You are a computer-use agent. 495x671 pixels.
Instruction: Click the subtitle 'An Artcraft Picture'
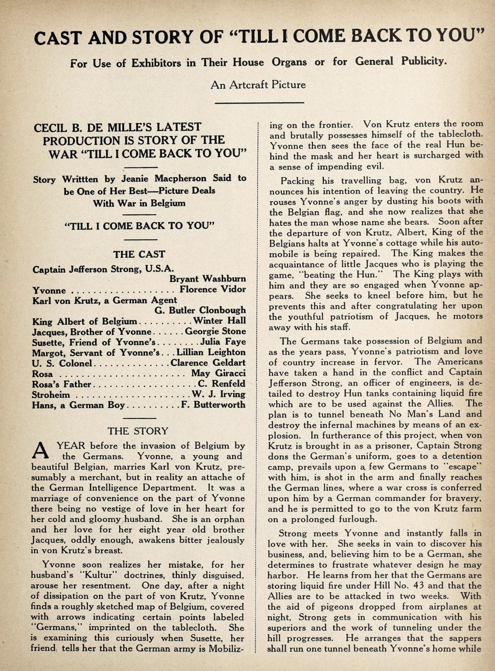click(258, 85)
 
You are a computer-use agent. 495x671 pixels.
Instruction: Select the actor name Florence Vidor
click(212, 289)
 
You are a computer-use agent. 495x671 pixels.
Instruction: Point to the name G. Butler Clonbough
click(200, 310)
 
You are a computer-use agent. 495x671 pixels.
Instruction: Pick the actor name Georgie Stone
click(215, 331)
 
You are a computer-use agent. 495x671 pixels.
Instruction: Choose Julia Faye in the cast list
click(223, 342)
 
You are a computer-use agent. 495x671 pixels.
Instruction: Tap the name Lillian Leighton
click(211, 352)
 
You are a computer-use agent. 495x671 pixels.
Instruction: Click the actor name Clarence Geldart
click(208, 363)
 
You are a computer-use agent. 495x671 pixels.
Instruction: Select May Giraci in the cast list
click(218, 373)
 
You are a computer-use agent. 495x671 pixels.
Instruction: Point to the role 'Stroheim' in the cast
click(51, 395)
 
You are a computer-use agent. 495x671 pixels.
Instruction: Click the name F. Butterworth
click(213, 405)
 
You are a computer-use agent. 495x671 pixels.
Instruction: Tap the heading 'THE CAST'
click(139, 254)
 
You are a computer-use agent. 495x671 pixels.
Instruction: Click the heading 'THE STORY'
click(138, 431)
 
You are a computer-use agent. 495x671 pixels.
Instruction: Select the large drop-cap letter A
click(41, 451)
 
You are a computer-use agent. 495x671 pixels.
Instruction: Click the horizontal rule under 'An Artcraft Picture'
click(259, 102)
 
